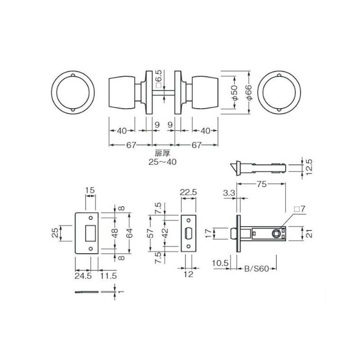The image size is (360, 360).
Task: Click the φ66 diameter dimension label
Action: [249, 92]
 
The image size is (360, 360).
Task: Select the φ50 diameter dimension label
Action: [235, 92]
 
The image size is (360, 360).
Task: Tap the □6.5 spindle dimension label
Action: [159, 79]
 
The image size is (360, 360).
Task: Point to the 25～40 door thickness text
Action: [162, 162]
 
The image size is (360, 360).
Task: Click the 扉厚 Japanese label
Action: [162, 153]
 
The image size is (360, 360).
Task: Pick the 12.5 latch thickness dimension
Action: [309, 167]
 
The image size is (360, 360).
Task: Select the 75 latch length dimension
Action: [261, 184]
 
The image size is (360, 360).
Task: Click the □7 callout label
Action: [300, 209]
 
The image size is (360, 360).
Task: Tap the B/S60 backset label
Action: [256, 269]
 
